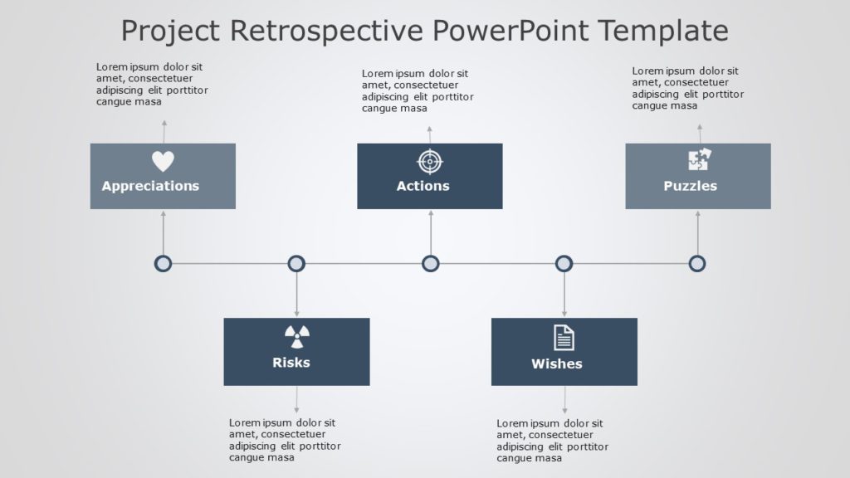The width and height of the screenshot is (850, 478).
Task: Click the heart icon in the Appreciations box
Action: click(x=163, y=161)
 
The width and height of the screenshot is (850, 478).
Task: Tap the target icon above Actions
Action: click(x=428, y=161)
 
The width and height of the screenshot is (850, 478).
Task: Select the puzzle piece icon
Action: click(x=699, y=160)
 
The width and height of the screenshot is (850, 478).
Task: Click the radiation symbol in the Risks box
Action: click(x=296, y=336)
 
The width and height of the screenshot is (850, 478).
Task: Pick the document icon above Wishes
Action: click(x=564, y=337)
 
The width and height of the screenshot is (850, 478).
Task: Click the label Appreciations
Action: click(x=150, y=186)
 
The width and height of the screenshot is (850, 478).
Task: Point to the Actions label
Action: click(x=423, y=186)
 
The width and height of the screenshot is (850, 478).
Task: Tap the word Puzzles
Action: click(x=690, y=186)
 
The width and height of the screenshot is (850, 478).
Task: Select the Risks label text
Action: click(x=291, y=363)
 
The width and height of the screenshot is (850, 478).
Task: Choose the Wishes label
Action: click(x=557, y=363)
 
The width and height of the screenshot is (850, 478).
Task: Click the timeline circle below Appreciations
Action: click(x=164, y=264)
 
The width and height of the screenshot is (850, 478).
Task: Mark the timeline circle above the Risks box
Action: click(x=296, y=264)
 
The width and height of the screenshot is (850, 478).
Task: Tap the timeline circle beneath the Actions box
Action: click(x=430, y=264)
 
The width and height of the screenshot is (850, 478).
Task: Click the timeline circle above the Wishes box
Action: click(x=564, y=264)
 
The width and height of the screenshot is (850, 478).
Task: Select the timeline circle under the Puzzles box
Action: click(x=697, y=264)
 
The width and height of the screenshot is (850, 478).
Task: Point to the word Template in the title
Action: click(x=663, y=31)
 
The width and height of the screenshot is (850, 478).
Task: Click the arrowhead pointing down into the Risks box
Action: click(x=296, y=314)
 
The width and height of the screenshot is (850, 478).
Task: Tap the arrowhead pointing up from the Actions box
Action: click(x=430, y=129)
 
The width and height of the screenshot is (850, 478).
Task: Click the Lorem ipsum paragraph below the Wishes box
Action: click(x=552, y=440)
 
